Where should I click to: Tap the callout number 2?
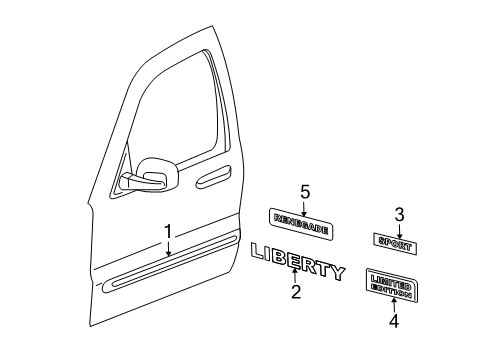296,293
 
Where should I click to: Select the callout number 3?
399,213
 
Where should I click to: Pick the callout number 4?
394,322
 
